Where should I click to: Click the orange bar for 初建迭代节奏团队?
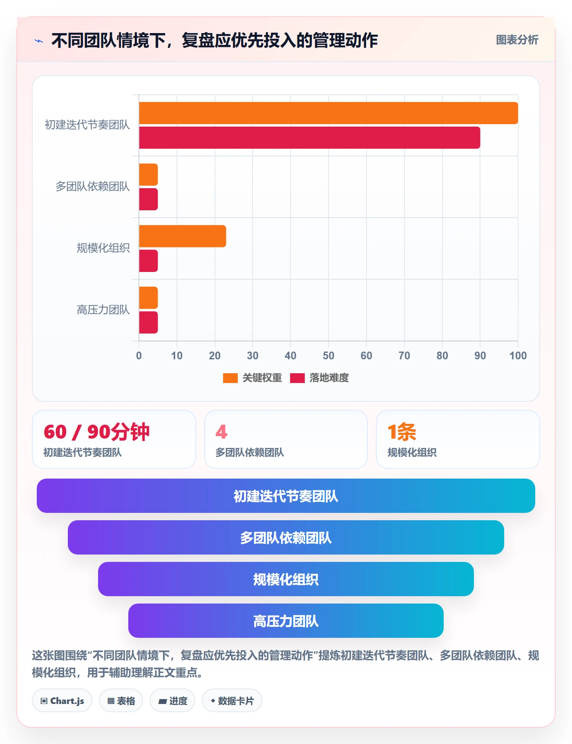328,113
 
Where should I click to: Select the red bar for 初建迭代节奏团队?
310,138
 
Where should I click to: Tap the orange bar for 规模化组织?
183,236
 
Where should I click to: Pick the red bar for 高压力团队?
148,323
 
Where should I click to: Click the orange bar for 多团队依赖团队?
148,174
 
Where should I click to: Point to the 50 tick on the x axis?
328,356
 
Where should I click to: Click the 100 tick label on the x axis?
518,356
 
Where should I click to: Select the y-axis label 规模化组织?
103,248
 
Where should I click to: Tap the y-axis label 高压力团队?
103,310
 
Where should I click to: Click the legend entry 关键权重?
252,378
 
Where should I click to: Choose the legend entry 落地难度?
320,378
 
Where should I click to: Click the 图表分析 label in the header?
517,40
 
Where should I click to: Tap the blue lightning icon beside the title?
39,41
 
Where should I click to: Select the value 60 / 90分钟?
97,432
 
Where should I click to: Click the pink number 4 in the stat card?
221,432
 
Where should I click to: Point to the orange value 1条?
402,432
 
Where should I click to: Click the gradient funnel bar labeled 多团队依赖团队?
286,537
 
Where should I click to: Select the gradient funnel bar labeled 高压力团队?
286,621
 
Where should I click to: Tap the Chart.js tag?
62,701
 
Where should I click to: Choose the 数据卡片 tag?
232,701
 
